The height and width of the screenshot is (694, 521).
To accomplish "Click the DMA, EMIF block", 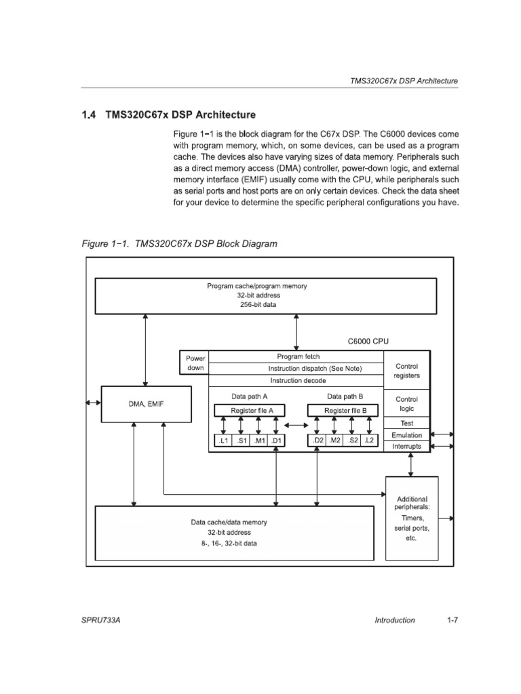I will tap(146, 404).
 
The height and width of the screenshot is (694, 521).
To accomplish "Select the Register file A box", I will tap(249, 410).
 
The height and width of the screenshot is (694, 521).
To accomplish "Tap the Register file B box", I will tap(345, 410).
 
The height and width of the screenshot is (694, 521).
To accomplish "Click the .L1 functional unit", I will tap(223, 441).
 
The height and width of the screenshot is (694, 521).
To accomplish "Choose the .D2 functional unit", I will tap(317, 441).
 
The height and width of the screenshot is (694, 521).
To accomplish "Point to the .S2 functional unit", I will tap(353, 441).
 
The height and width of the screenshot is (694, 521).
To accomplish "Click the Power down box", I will tap(195, 363).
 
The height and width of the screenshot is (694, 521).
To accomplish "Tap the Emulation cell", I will tap(406, 434).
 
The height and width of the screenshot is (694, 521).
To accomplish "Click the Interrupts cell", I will tap(406, 446).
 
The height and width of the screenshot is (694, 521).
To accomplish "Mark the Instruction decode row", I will tap(296, 380).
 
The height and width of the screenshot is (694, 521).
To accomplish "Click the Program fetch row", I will tap(296, 356).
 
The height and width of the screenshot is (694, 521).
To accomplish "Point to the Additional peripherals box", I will tap(411, 518).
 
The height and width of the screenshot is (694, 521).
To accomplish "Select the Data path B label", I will tap(345, 396).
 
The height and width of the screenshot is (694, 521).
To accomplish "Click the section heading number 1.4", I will tap(90, 115).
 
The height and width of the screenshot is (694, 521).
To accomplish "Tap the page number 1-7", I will tap(452, 619).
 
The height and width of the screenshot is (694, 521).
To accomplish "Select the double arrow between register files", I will tap(296, 425).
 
